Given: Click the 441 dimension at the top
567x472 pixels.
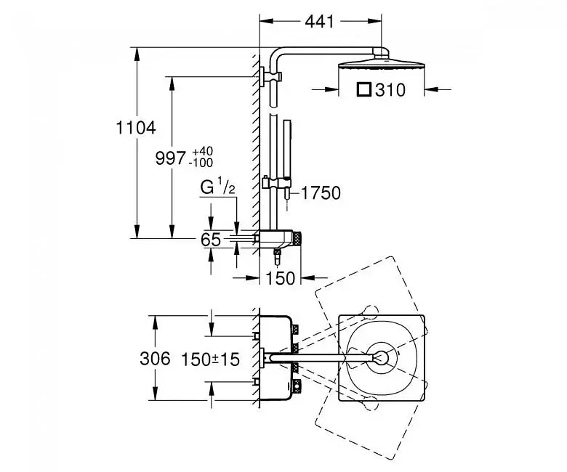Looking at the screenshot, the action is [x=320, y=22].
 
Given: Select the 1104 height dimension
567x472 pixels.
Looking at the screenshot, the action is [x=136, y=128].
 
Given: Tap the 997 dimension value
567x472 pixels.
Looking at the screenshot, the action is [x=170, y=158].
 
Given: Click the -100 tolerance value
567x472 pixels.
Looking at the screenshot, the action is [x=201, y=163].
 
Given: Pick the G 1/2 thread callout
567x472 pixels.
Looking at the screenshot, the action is [x=218, y=188].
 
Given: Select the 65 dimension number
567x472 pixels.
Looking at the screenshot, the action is [x=211, y=240].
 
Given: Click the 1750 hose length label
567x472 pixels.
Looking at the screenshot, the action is [x=321, y=193].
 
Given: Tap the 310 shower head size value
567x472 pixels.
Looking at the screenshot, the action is [x=390, y=90].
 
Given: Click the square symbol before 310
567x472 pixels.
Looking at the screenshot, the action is [x=364, y=89].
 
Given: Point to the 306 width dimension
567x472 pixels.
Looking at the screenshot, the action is [x=155, y=359].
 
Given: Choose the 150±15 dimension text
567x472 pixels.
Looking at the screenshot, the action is [x=210, y=359].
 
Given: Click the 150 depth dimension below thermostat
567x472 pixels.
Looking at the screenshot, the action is [x=281, y=278].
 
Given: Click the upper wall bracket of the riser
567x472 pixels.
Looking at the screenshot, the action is [x=270, y=76].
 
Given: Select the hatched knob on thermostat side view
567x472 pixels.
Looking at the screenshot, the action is [x=297, y=239].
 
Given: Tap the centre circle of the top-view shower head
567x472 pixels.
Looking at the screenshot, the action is [x=381, y=358].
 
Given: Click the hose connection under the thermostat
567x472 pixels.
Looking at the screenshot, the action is [x=278, y=256].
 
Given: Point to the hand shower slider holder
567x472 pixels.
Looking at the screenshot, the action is [x=276, y=183].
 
